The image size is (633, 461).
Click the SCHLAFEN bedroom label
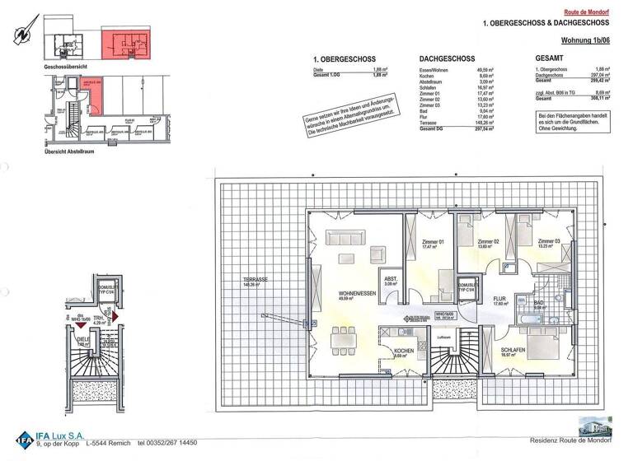point(515,350)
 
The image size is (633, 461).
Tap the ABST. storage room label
point(392,278)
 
